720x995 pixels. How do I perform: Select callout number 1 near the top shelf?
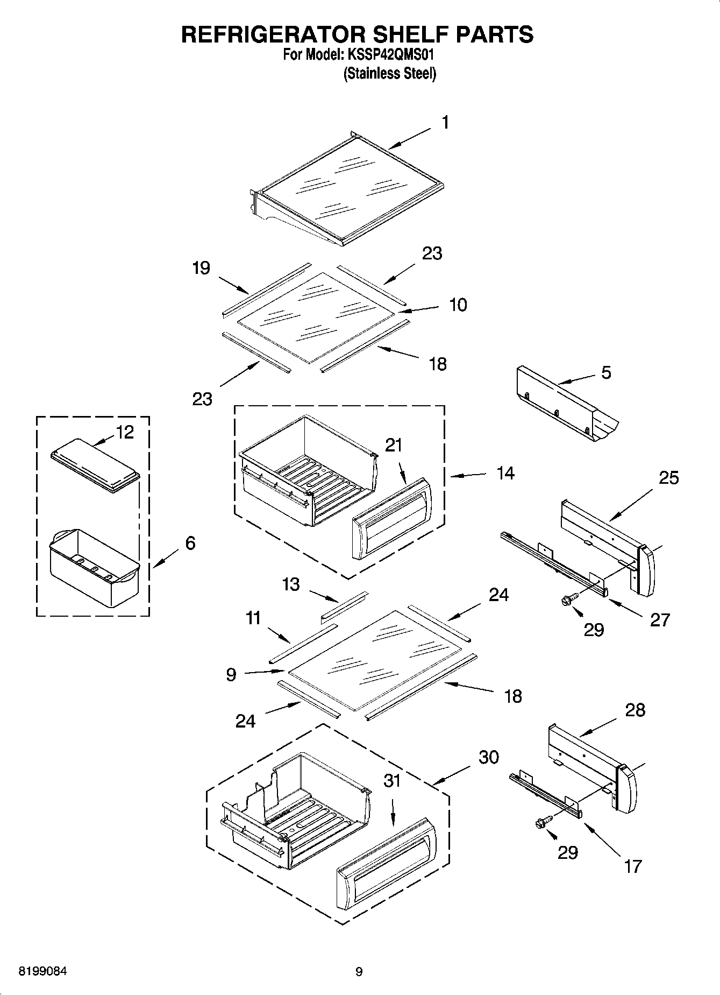(445, 123)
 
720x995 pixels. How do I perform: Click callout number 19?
(201, 268)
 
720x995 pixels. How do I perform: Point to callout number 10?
(458, 305)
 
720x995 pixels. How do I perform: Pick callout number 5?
(606, 372)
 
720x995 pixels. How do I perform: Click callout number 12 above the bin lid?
(125, 432)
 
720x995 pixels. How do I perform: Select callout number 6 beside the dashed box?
(190, 543)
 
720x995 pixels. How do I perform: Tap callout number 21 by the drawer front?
(394, 445)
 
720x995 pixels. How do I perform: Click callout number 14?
(505, 474)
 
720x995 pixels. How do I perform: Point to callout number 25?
(669, 477)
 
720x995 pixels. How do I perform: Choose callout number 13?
(291, 584)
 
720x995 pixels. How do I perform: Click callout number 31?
(392, 780)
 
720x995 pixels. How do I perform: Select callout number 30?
(489, 757)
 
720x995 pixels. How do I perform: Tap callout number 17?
(633, 866)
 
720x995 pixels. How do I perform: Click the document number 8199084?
(43, 972)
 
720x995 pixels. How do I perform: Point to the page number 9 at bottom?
(359, 972)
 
